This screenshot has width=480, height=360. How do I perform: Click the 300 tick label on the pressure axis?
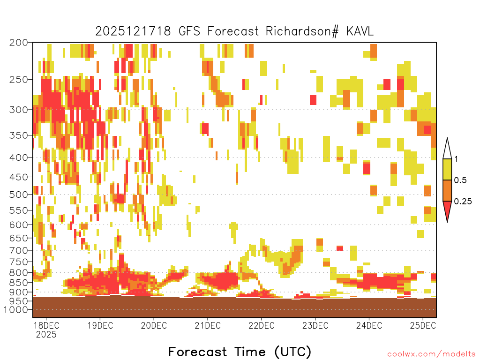(x=18, y=110)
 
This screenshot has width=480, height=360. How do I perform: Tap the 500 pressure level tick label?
(x=18, y=195)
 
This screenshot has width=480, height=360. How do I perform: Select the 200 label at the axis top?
(x=18, y=43)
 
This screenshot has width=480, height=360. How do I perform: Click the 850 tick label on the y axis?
(x=18, y=282)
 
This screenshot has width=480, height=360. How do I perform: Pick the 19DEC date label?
(x=100, y=325)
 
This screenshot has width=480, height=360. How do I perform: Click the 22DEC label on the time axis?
(x=262, y=325)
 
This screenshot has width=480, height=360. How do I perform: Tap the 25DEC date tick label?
(x=423, y=325)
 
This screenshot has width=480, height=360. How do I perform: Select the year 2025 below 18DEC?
(x=46, y=335)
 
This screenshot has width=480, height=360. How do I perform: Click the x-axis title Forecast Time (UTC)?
(x=240, y=352)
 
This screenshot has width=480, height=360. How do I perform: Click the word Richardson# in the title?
(x=302, y=31)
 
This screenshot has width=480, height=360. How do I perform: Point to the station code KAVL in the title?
(x=360, y=31)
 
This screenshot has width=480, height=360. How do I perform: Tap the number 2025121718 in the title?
(x=133, y=31)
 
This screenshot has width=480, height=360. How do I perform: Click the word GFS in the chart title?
(x=189, y=31)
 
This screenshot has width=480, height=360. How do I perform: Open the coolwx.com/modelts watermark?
(x=432, y=354)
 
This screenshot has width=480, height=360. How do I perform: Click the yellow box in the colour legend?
(x=447, y=169)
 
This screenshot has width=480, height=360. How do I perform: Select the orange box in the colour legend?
(x=447, y=190)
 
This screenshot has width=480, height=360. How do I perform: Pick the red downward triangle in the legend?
(x=447, y=211)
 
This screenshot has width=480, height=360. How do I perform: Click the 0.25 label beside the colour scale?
(x=463, y=202)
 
